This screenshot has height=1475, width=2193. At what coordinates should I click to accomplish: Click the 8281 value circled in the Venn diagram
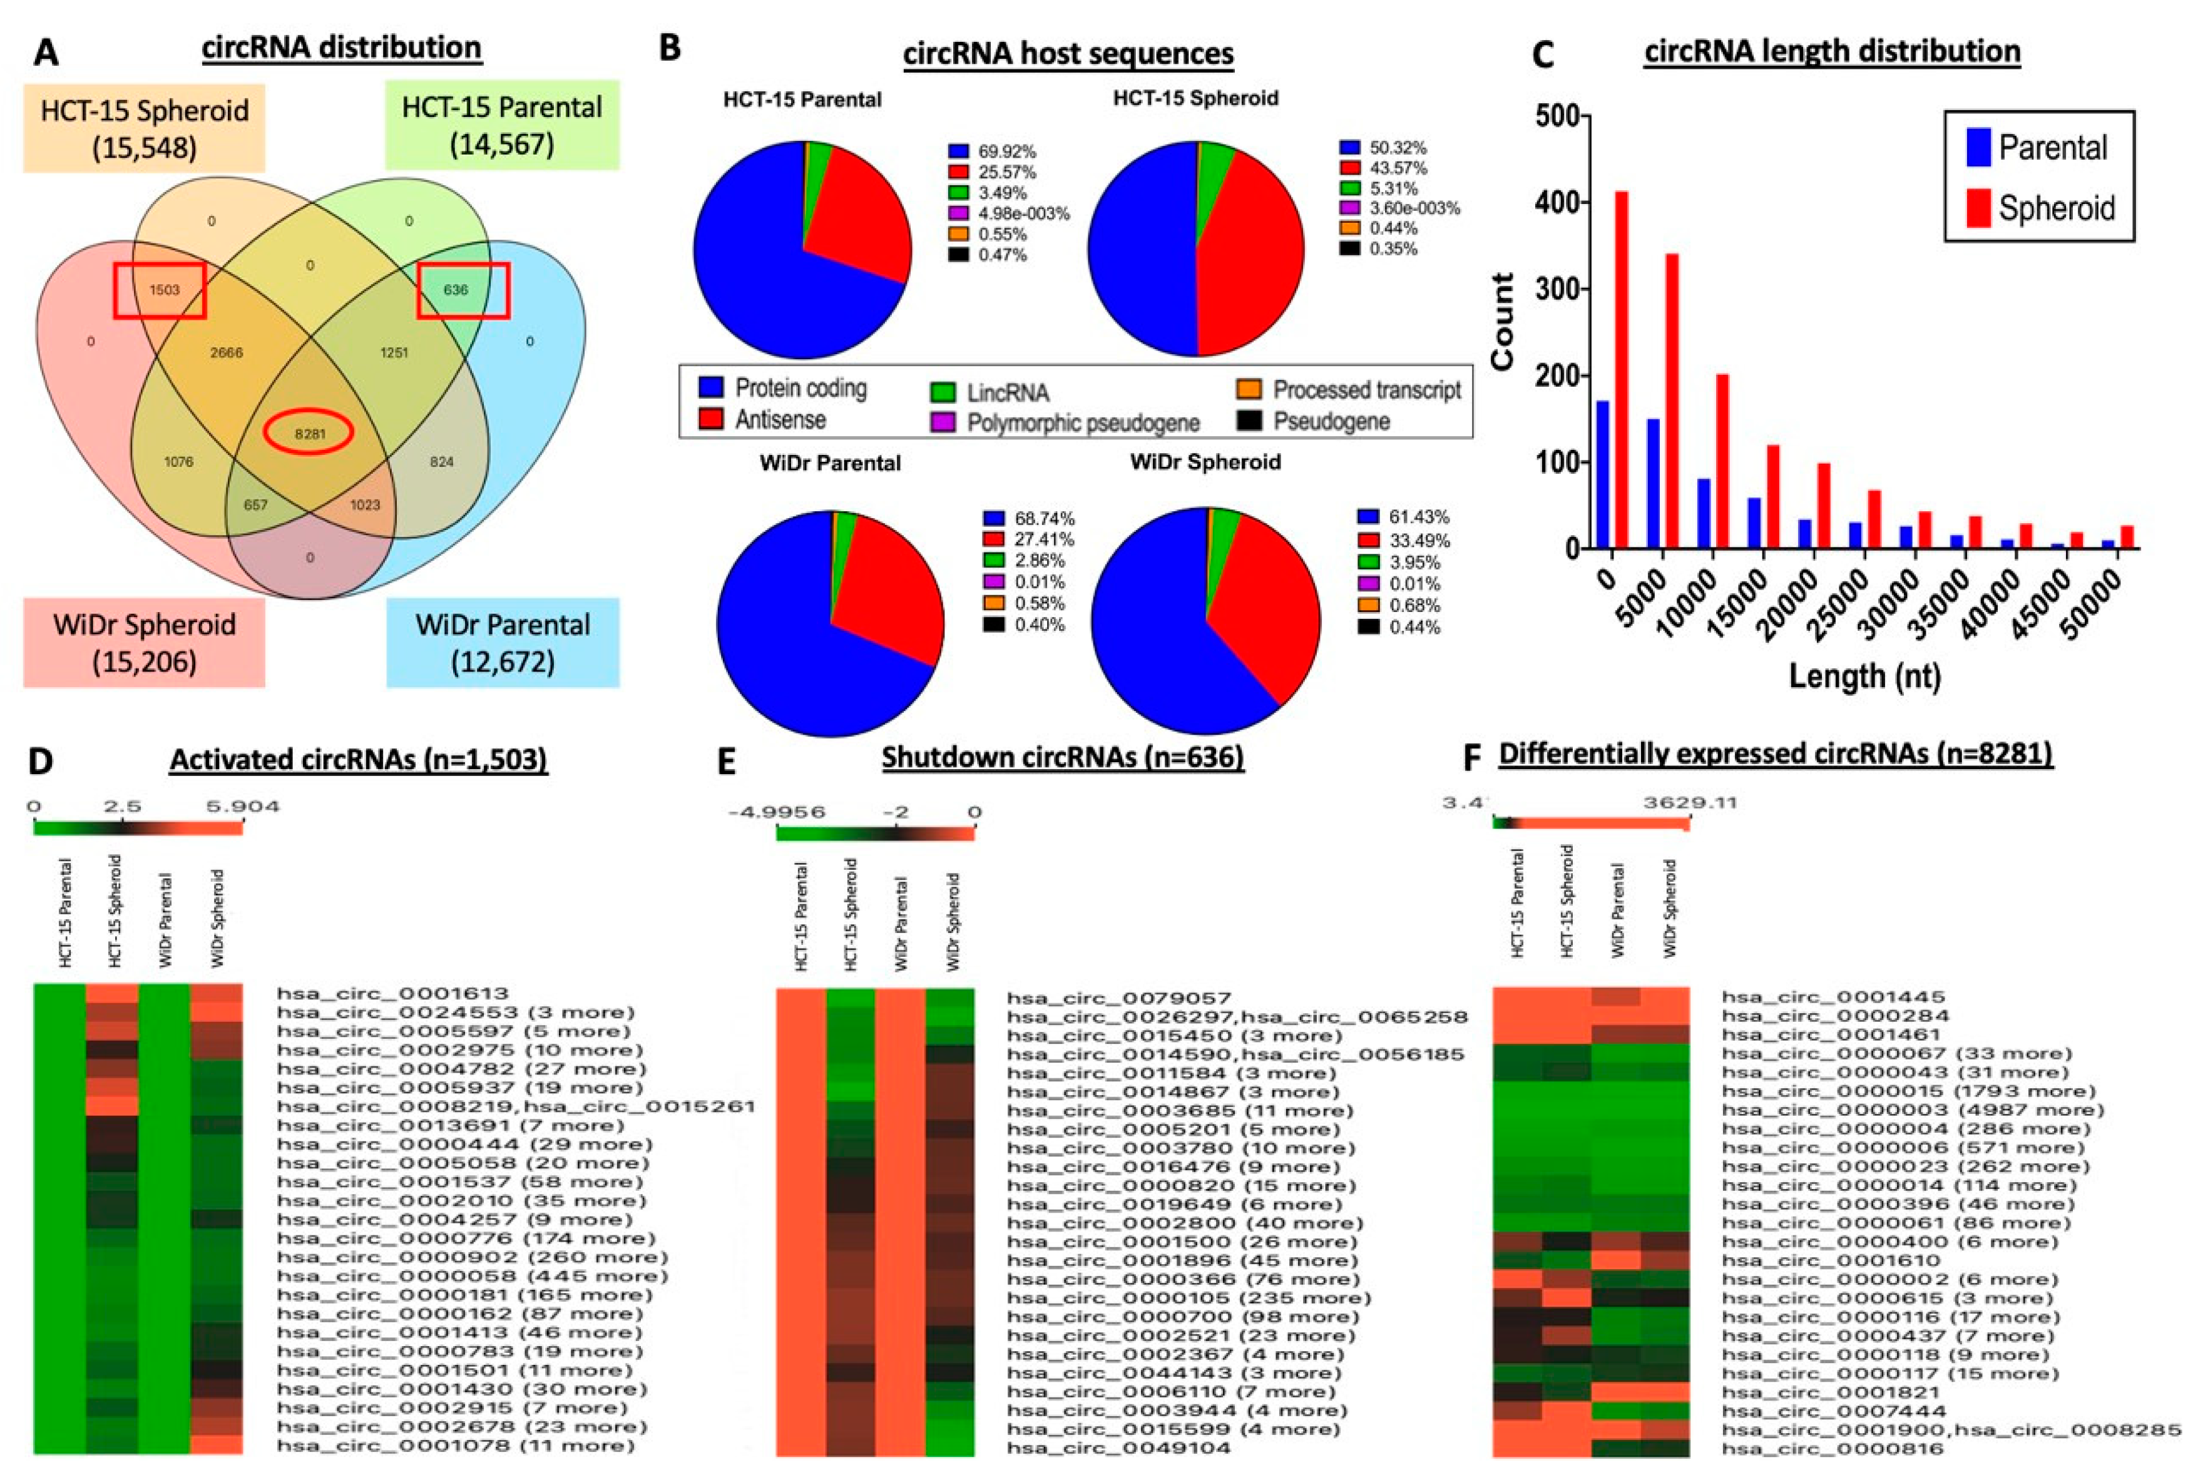pyautogui.click(x=310, y=434)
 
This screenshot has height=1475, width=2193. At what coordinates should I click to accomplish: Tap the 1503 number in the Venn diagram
pyautogui.click(x=164, y=290)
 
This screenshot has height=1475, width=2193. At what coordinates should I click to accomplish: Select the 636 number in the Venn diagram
pyautogui.click(x=456, y=290)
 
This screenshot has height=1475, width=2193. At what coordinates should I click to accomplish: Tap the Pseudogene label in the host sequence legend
pyautogui.click(x=1331, y=421)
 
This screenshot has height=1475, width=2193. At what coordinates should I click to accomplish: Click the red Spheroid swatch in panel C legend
pyautogui.click(x=1978, y=208)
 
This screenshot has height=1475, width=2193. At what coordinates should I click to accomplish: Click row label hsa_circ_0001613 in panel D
pyautogui.click(x=392, y=993)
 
